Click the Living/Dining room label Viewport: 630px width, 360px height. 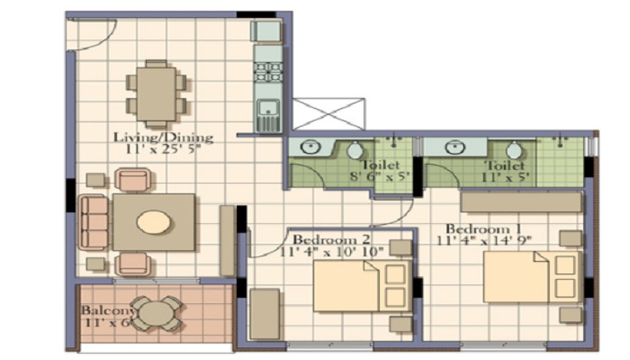(x=163, y=138)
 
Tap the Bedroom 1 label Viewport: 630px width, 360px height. (x=483, y=229)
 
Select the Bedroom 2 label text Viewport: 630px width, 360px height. (x=331, y=240)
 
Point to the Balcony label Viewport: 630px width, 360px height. (x=109, y=310)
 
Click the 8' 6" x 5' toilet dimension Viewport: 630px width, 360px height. (x=380, y=176)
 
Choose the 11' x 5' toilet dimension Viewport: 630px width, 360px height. (x=506, y=177)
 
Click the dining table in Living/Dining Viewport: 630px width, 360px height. (x=156, y=94)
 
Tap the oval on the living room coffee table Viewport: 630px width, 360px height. (x=154, y=222)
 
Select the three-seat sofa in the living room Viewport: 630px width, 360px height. (x=94, y=222)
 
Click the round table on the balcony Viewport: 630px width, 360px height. (x=157, y=313)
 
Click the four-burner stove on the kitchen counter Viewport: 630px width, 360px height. (x=268, y=72)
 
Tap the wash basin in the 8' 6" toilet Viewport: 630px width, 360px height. (x=310, y=147)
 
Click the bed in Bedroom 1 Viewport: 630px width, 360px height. (x=533, y=277)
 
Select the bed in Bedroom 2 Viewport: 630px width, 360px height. (x=363, y=285)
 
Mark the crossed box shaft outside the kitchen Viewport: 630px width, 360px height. (x=329, y=113)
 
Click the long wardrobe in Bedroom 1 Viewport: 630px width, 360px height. (x=521, y=202)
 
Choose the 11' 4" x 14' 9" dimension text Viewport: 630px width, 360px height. (x=484, y=240)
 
